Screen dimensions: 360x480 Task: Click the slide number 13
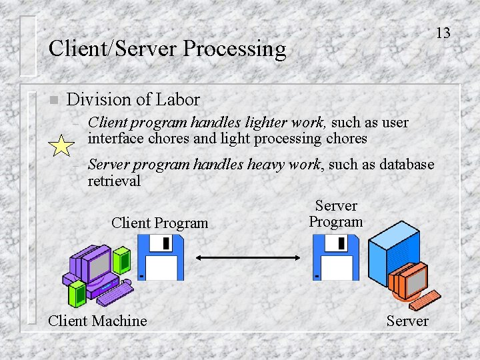pyautogui.click(x=443, y=33)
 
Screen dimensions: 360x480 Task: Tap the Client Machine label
pyautogui.click(x=97, y=321)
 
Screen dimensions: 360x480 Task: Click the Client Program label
pyautogui.click(x=160, y=223)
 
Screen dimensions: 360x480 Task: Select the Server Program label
pyautogui.click(x=336, y=214)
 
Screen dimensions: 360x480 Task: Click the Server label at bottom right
pyautogui.click(x=407, y=321)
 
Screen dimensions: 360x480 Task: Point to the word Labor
pyautogui.click(x=177, y=100)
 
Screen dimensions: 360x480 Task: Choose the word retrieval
pyautogui.click(x=114, y=181)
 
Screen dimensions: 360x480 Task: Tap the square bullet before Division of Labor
pyautogui.click(x=53, y=101)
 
